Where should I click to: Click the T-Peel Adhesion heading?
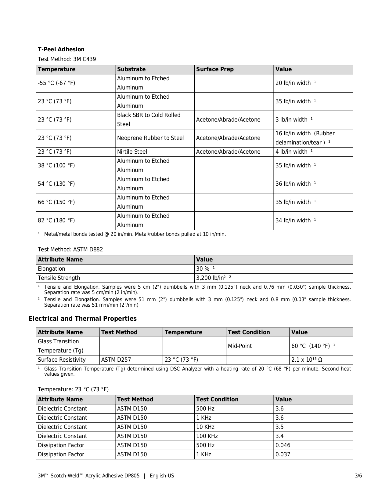point(61,49)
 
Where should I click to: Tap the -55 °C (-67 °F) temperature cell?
point(56,83)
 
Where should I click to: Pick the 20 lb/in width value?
point(293,83)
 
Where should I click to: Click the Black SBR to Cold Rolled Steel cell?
point(149,120)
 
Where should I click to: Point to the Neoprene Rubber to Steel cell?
point(150,138)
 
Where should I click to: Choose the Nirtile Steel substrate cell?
point(132,152)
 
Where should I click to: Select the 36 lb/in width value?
point(293,184)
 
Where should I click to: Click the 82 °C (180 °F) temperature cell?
point(56,221)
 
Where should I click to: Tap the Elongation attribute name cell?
point(52,269)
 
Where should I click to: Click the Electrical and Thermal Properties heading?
point(83,319)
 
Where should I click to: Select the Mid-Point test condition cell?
point(240,346)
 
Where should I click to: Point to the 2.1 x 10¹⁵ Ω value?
point(307,360)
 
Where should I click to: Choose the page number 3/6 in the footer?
point(358,476)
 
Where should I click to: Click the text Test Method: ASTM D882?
point(70,250)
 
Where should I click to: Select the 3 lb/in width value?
point(292,120)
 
